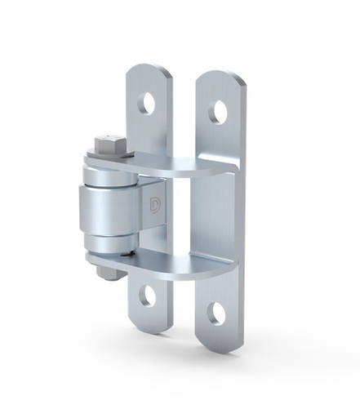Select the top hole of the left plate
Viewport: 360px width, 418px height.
[147, 103]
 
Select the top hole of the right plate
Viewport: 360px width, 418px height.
[217, 111]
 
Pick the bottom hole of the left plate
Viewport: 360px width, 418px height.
[147, 296]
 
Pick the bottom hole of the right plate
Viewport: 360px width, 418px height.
[216, 312]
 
